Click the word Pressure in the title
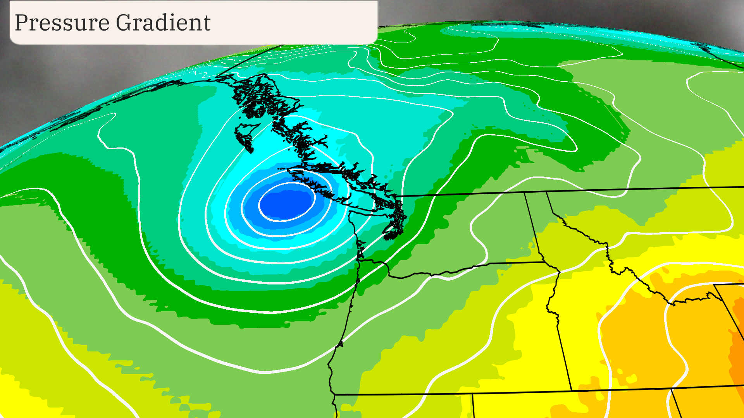click(62, 23)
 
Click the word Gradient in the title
click(163, 23)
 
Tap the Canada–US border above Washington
click(465, 194)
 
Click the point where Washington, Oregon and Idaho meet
click(544, 262)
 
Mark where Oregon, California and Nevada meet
click(473, 394)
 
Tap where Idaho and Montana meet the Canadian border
click(547, 192)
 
